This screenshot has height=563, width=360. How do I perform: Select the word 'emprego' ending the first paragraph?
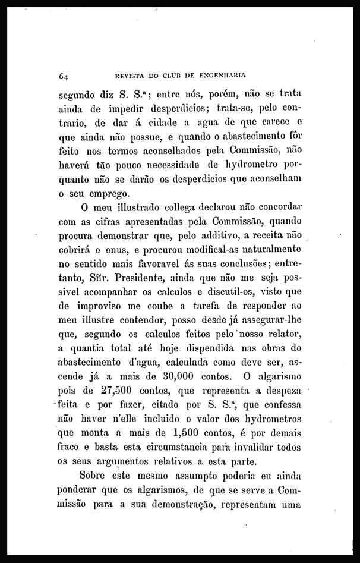click(108, 193)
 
